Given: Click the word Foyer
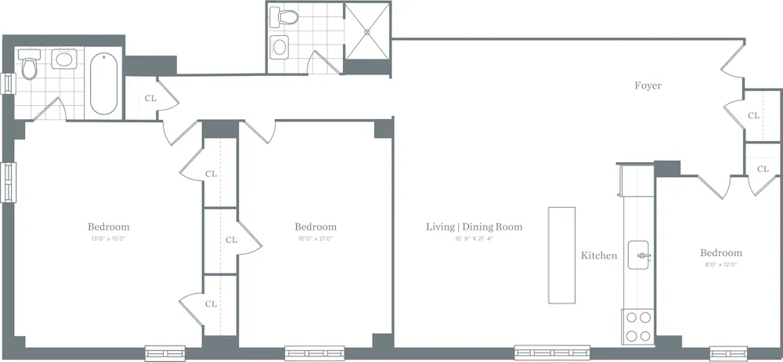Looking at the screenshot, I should (648, 86).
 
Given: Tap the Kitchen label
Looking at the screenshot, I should (598, 255).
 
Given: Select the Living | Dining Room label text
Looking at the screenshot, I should (474, 227).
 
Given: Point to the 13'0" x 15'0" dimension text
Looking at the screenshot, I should (108, 238).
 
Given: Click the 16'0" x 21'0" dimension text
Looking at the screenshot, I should (316, 238).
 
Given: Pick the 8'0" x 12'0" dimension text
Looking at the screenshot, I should (720, 265).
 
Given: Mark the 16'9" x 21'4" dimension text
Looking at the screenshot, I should (474, 238).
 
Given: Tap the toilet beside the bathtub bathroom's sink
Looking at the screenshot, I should (30, 67).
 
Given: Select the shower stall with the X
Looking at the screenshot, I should (367, 31).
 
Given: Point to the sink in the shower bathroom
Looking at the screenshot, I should (280, 46).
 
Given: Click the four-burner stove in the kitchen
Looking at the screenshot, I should (638, 327).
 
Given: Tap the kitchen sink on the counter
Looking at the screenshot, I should (644, 255).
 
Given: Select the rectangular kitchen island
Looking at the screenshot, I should (561, 255).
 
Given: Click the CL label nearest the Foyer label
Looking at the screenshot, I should (753, 115).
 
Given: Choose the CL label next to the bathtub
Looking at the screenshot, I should (151, 99).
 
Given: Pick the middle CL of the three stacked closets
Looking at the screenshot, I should (231, 240).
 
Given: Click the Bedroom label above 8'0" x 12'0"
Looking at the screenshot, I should (720, 253).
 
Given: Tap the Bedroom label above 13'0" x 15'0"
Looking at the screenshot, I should (108, 227).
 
